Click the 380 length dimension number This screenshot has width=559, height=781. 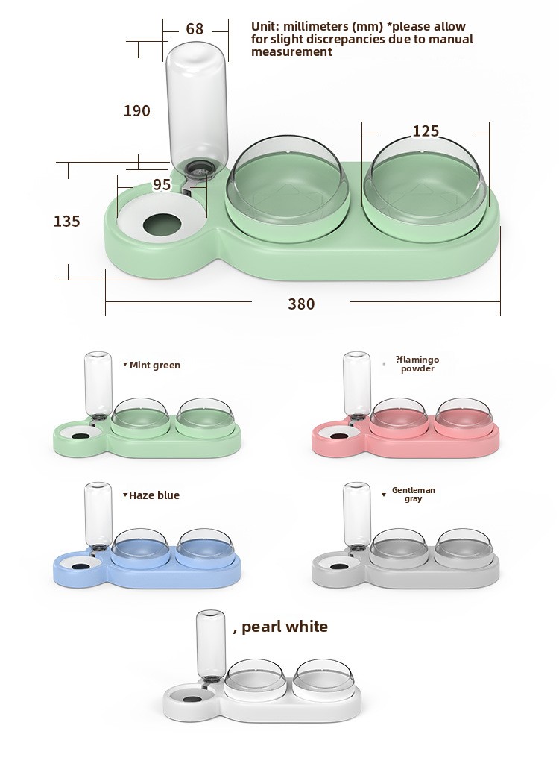(x=301, y=304)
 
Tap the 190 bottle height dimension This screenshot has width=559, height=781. (x=137, y=110)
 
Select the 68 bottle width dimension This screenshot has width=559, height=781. (x=195, y=29)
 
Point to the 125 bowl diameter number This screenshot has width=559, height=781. (x=426, y=131)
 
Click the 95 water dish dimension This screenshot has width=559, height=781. (x=162, y=185)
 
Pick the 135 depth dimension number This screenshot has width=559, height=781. (x=66, y=221)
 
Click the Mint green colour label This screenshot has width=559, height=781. (x=155, y=365)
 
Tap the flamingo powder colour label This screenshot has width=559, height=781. (x=417, y=364)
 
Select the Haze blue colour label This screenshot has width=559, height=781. (x=154, y=495)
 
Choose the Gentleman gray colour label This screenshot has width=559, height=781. (x=413, y=494)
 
